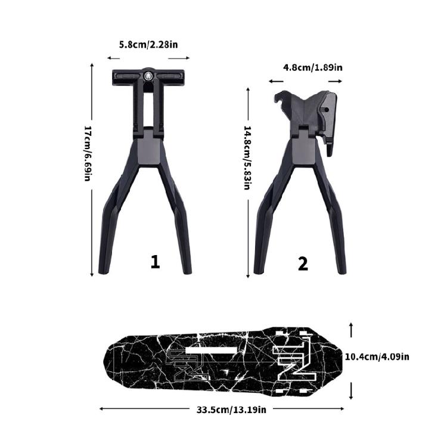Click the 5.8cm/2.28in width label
[148, 45]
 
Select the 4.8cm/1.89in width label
[313, 67]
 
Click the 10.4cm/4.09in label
[378, 357]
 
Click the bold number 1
[155, 262]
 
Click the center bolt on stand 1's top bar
[148, 76]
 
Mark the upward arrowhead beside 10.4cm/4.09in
[352, 325]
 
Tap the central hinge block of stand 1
[148, 148]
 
